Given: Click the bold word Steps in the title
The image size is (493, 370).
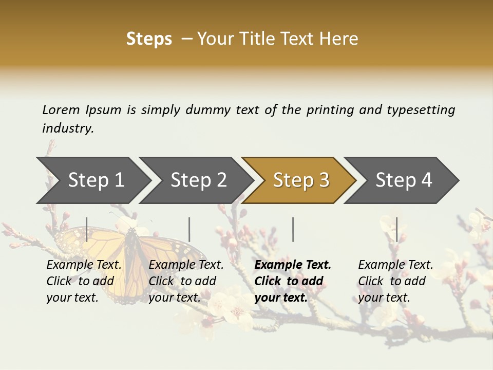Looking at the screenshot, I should point(149,39).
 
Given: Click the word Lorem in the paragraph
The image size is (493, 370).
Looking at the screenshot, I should point(61,109).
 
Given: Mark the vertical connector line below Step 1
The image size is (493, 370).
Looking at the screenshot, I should point(87,229).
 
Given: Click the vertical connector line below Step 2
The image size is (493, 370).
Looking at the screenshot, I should point(189,229).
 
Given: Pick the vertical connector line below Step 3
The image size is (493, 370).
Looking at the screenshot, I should point(293,229).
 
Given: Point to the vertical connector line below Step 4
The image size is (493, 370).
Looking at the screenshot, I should point(397,229).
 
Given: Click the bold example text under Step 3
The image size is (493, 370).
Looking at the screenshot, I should point(293,281).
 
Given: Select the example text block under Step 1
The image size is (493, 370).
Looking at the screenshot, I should point(84,281).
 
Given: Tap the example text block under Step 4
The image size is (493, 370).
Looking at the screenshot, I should point(395,281).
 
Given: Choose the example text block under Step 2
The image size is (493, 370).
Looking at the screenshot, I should point(186,281).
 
